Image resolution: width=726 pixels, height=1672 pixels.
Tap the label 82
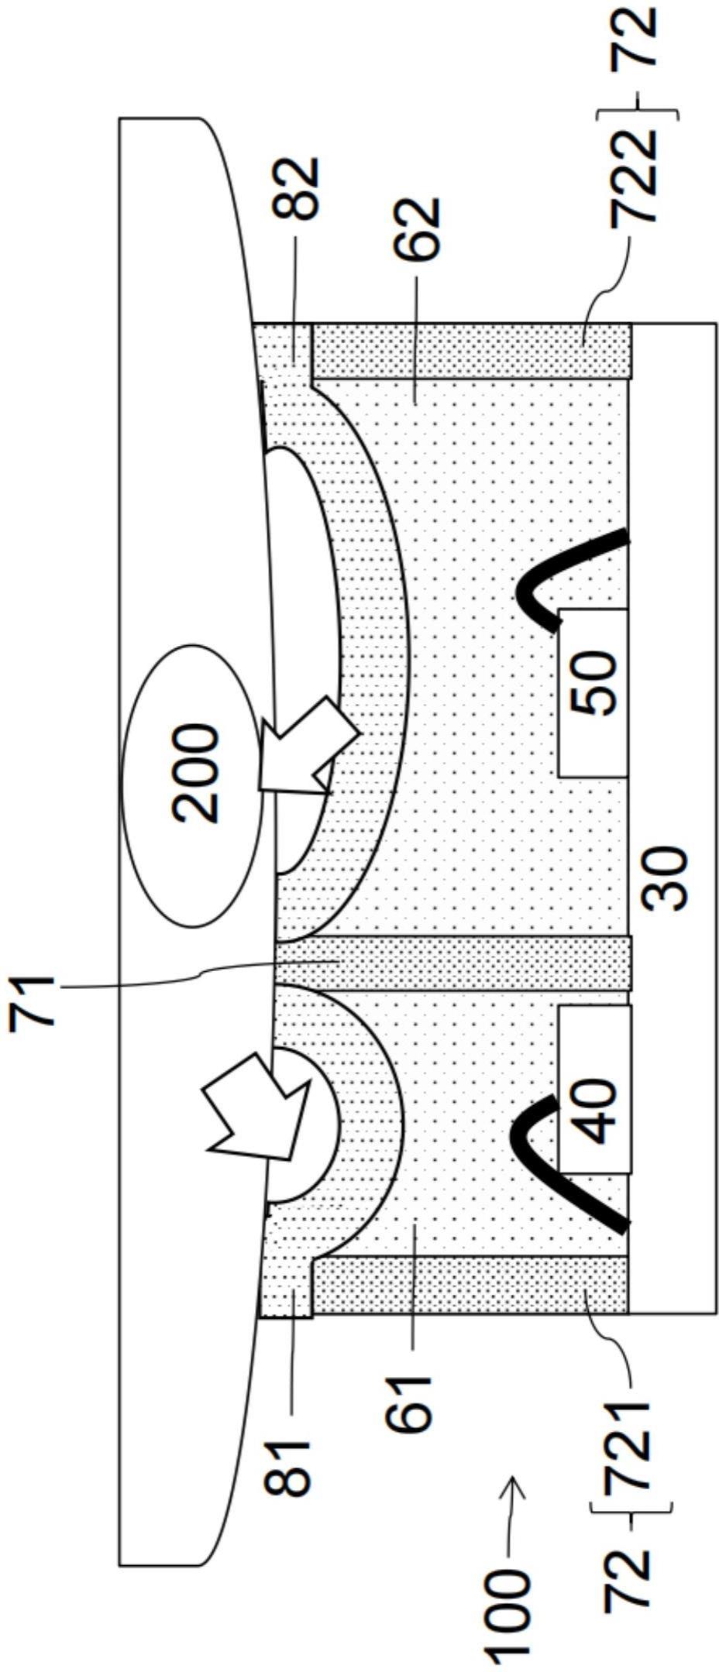pyautogui.click(x=297, y=187)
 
